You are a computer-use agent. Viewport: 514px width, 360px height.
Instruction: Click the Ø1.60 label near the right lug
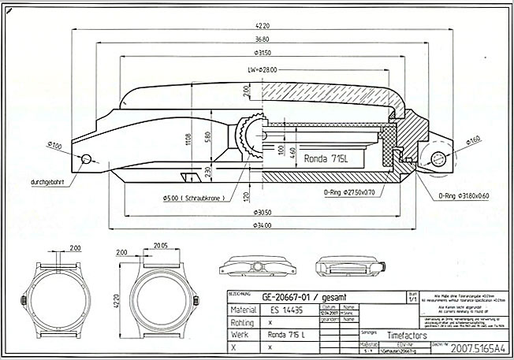[473, 139]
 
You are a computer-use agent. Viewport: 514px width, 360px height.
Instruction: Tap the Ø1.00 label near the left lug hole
[55, 146]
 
